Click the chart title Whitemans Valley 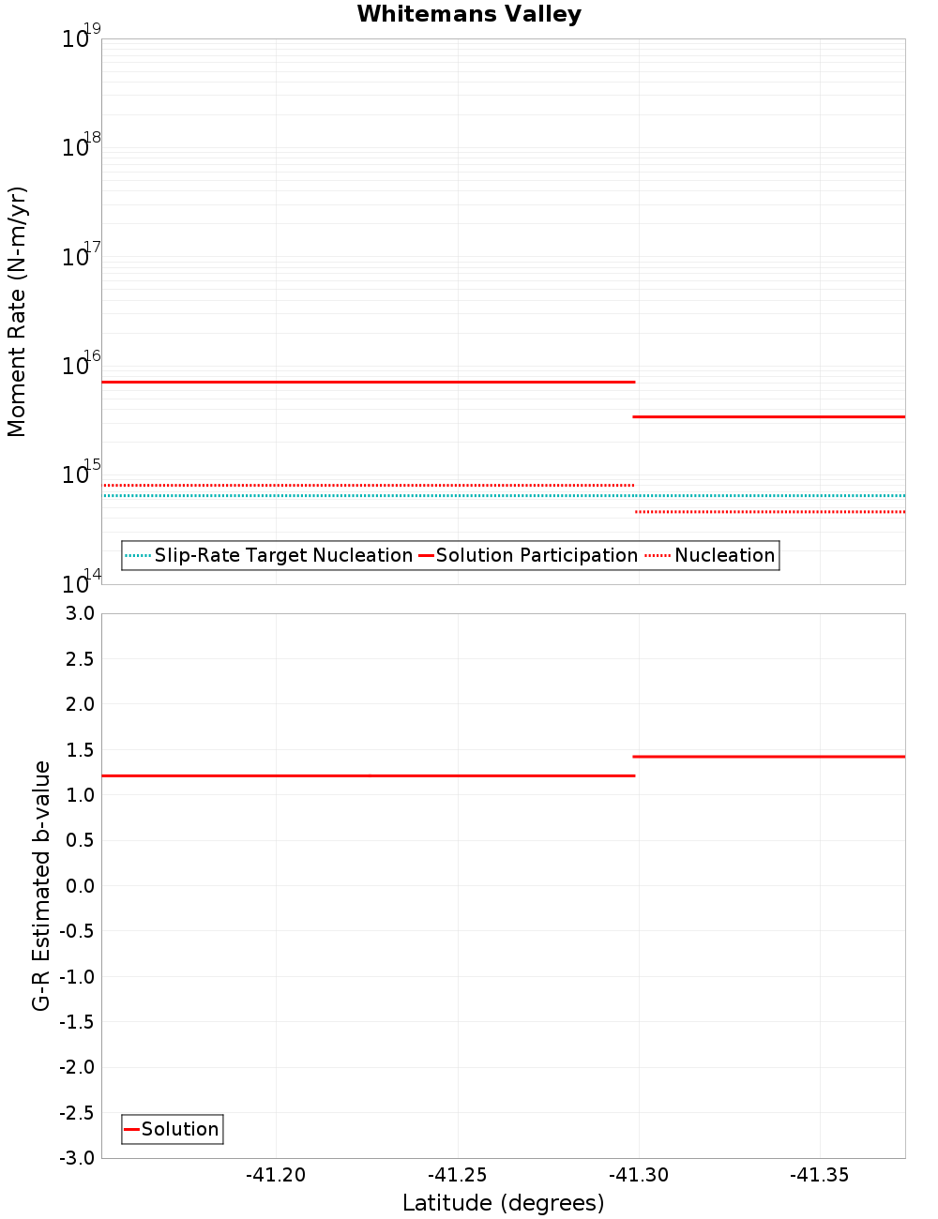(x=469, y=14)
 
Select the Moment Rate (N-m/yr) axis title (x=17, y=311)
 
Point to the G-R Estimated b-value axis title (x=41, y=885)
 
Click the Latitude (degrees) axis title (x=503, y=1203)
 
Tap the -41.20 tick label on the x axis (x=276, y=1176)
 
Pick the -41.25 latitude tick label (x=457, y=1176)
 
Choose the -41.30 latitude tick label (x=638, y=1176)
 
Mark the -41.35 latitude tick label (x=819, y=1176)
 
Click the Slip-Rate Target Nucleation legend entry (x=282, y=555)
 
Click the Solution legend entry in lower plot (x=179, y=1129)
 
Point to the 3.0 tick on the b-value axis (x=79, y=613)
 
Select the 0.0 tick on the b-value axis (x=79, y=885)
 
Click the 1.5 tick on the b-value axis (x=79, y=749)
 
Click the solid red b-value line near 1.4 (x=769, y=756)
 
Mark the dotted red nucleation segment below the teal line (x=769, y=512)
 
